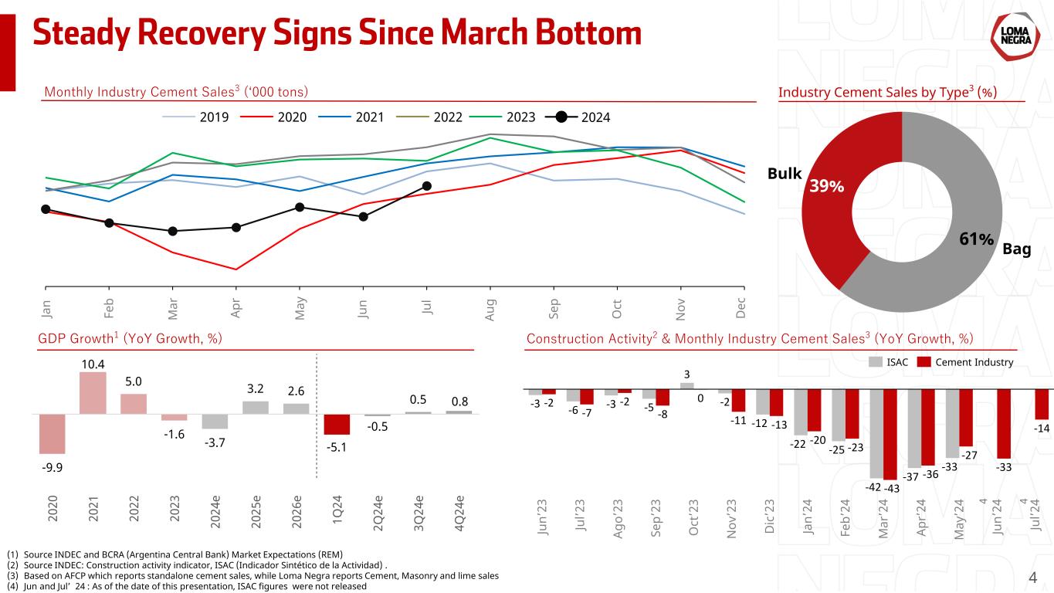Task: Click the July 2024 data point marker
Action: tap(427, 185)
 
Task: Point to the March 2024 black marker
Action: tap(173, 231)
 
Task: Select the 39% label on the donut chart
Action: tap(826, 187)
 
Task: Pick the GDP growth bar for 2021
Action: tap(93, 393)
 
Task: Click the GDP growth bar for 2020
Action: tap(53, 433)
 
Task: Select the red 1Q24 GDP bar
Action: tap(337, 425)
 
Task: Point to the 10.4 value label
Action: tap(93, 364)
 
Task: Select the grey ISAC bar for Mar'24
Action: tap(877, 433)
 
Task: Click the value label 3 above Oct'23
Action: tap(687, 375)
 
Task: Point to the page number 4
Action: tap(1033, 578)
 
